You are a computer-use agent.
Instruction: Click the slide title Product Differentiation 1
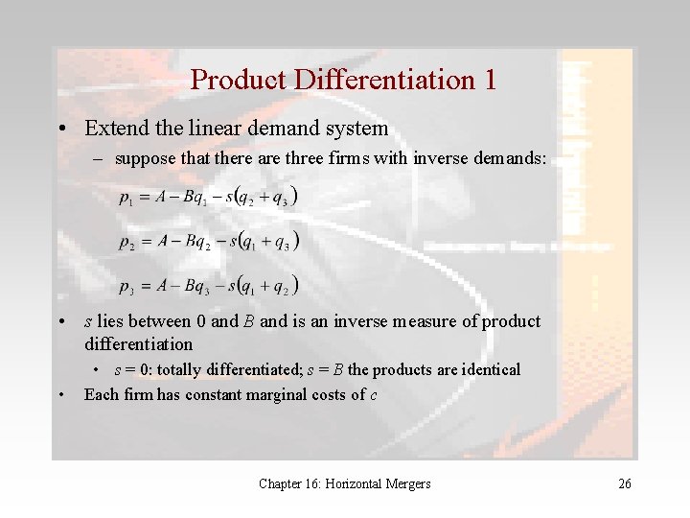point(343,79)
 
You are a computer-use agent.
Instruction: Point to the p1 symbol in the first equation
point(126,199)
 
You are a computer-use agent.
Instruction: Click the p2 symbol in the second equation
point(126,242)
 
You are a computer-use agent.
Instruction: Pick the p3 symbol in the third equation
point(126,286)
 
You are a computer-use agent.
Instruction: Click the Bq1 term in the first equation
point(196,199)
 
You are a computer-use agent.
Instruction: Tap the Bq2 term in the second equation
point(196,242)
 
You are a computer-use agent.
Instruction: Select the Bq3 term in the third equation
point(196,286)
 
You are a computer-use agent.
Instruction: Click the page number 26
point(624,484)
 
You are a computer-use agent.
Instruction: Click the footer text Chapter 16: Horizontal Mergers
point(344,484)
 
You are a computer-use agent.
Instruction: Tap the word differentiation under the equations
point(138,344)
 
